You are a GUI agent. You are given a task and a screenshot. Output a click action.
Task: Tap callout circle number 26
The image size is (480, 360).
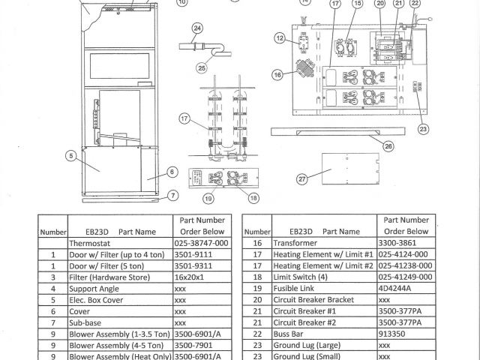388,145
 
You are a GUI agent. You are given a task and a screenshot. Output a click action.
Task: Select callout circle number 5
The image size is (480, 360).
70,156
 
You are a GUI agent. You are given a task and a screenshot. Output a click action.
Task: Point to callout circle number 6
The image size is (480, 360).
172,172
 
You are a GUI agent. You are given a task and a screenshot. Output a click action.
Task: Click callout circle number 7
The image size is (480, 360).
173,196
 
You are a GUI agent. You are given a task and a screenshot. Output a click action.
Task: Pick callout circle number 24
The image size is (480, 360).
197,28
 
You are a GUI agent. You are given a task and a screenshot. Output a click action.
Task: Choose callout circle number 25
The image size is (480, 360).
202,67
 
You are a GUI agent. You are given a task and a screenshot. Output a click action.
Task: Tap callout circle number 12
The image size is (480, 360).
280,37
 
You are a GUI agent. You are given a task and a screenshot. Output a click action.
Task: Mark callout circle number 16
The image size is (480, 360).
278,74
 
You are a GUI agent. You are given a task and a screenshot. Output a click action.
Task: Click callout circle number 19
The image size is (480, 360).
208,198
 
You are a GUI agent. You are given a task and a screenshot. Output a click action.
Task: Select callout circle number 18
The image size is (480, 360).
253,198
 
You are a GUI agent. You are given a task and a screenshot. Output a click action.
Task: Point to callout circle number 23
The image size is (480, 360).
424,128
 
